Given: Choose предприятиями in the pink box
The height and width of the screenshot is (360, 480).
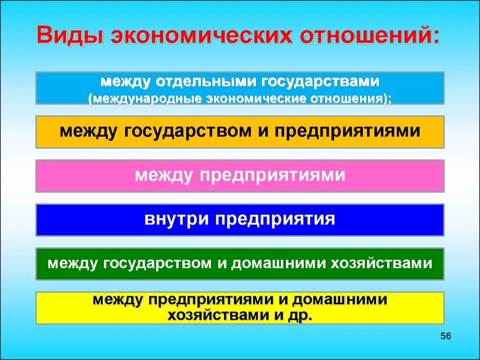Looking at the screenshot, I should pos(271,175).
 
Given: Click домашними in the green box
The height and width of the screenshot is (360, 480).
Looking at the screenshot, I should pos(275,263).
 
